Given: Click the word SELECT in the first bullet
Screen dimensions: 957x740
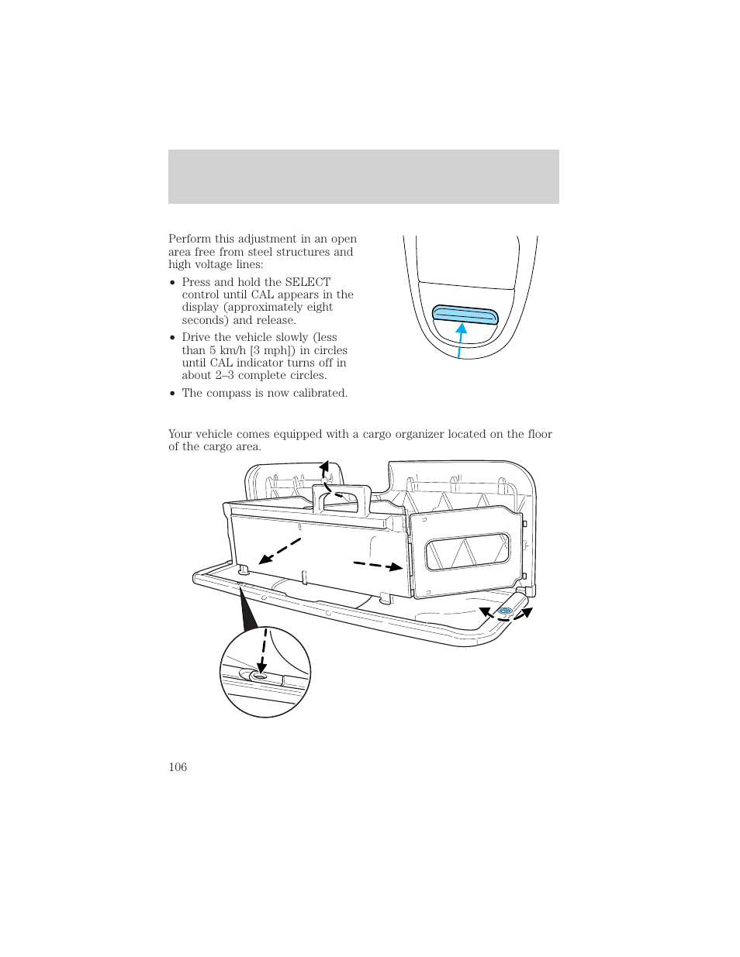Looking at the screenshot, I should coord(307,282).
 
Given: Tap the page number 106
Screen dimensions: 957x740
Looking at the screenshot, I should coord(178,767).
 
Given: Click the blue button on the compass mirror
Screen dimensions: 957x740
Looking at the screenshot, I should coord(465,314).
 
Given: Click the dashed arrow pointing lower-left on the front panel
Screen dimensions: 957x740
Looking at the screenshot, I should coord(279,550).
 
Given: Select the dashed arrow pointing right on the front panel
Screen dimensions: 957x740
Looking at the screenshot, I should coord(379,565).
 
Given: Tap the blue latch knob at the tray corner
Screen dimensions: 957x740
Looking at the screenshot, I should coord(505,611).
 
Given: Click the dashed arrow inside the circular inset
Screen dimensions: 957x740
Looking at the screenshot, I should coord(263,650).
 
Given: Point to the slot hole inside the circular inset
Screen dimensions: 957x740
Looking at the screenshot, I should coord(260,676).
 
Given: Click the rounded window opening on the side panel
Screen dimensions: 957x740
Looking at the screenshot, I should coord(468,552).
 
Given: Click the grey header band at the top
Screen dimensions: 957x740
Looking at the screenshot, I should coord(363,177).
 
